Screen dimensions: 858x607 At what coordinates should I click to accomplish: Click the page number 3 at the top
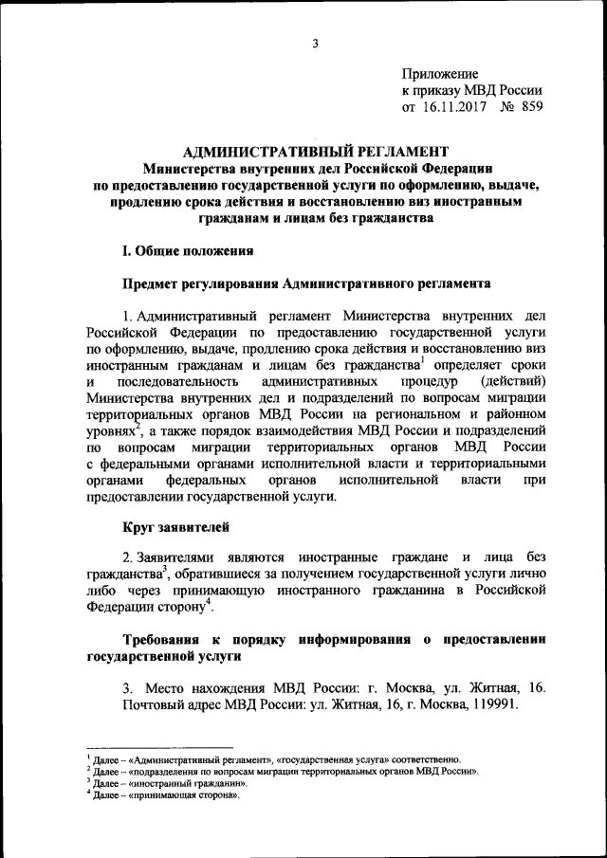point(314,41)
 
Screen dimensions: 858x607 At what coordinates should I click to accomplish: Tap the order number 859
point(532,107)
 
